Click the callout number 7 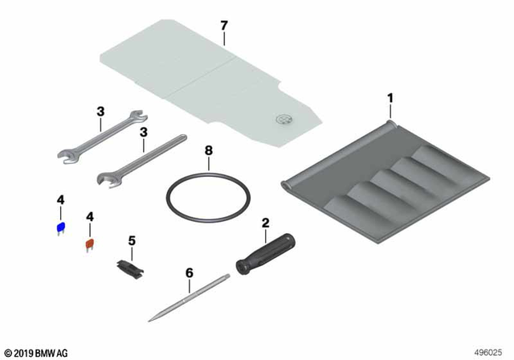pos(225,26)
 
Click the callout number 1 pos(390,98)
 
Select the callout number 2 pos(265,221)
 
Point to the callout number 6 pos(190,272)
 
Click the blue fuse pos(59,227)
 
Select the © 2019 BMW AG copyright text pos(37,351)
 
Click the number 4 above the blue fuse pos(59,199)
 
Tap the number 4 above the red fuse pos(90,217)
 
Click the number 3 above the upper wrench pos(100,112)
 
